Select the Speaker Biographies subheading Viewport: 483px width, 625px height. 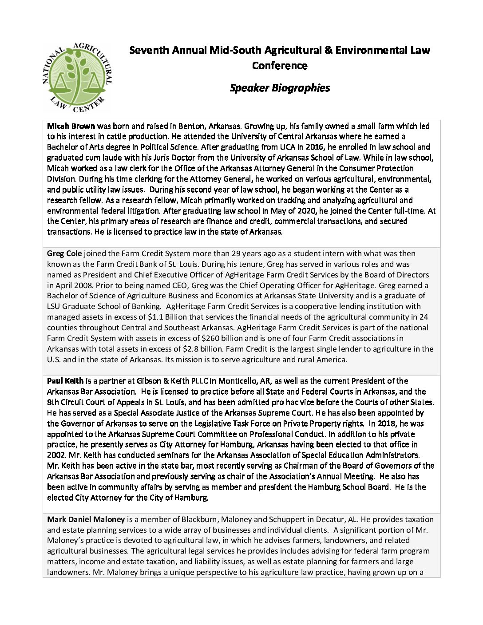(280, 88)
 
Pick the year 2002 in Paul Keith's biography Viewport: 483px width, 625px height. (55, 455)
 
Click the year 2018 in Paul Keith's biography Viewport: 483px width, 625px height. (381, 423)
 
